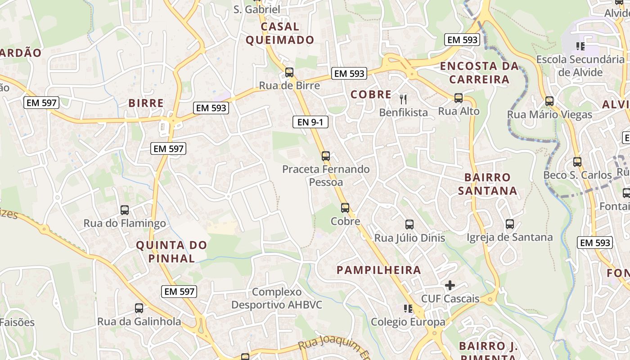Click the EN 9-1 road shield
tap(310, 121)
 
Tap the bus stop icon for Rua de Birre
tap(289, 72)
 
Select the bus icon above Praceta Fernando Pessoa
tap(326, 156)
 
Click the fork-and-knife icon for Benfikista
tap(403, 99)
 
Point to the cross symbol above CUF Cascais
tap(450, 285)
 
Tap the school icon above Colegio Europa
tap(408, 309)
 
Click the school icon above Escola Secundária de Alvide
tap(580, 46)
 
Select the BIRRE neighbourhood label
tap(146, 103)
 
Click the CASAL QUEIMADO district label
tap(280, 33)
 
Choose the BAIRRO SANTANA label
tap(487, 184)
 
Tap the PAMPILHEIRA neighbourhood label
tap(379, 270)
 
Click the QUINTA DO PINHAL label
tap(171, 252)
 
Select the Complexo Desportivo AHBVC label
tap(277, 298)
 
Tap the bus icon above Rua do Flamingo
tap(125, 210)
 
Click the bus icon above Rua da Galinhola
tap(139, 308)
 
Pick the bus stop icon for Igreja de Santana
tap(510, 224)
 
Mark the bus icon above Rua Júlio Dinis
tap(409, 224)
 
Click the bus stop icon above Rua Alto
tap(459, 98)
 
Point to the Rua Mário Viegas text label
tap(549, 115)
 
